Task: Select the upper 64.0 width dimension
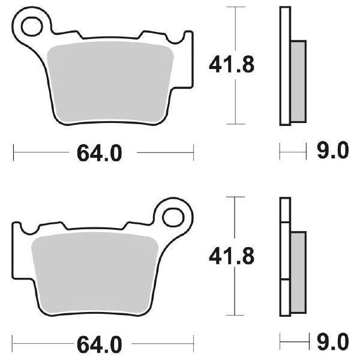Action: [99, 154]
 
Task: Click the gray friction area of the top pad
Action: [114, 84]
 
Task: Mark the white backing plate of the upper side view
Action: [285, 66]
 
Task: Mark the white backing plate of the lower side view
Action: [285, 258]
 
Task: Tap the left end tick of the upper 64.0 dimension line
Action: [14, 153]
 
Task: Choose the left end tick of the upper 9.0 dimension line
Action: [280, 152]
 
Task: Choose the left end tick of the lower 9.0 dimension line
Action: [280, 343]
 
